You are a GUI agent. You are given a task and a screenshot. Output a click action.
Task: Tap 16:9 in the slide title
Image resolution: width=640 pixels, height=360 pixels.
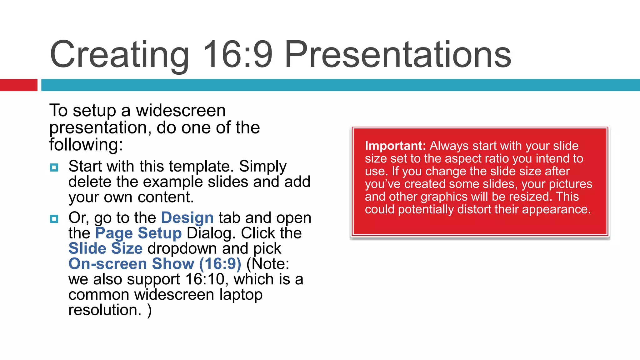pos(237,55)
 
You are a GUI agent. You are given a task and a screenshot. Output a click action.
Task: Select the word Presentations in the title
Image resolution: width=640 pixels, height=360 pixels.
pos(397,55)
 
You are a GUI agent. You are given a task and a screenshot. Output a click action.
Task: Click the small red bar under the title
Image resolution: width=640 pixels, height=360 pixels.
pos(18,85)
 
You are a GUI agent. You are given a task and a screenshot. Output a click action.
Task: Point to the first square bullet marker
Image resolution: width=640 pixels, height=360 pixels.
pos(54,167)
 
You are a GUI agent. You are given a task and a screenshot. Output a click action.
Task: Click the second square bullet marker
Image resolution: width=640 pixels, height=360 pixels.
pos(54,219)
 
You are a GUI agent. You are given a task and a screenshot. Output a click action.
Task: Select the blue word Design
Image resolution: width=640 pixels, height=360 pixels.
pos(187,217)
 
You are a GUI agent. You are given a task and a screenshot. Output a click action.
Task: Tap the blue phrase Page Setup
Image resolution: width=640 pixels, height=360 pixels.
pos(138,233)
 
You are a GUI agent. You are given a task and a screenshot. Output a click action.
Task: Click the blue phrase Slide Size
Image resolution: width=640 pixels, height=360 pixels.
pos(105,248)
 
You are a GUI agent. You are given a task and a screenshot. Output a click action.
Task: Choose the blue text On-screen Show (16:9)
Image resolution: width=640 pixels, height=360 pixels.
pos(155,264)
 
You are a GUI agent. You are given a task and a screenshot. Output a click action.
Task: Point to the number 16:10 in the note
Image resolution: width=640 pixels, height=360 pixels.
pos(205,279)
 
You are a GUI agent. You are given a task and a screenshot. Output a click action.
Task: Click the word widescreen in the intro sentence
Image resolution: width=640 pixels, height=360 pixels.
pos(181,111)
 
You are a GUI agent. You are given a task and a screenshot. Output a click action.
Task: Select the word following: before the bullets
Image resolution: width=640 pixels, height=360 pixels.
pos(86,145)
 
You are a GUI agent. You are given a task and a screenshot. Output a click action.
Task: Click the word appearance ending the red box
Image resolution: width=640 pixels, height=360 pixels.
pos(556,209)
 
